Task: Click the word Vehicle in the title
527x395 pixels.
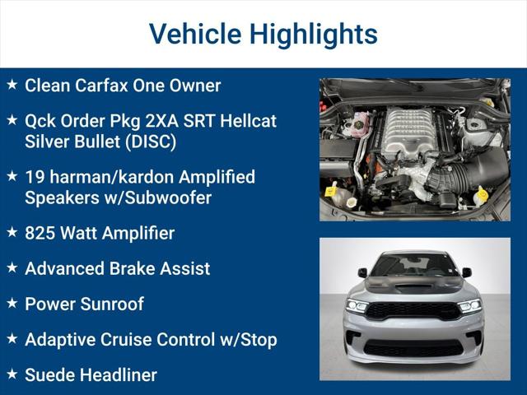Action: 195,34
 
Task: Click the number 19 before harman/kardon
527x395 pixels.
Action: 35,177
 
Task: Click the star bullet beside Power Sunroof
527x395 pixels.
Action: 12,303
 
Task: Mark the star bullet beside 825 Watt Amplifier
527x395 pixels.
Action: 12,232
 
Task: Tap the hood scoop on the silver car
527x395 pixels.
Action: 412,288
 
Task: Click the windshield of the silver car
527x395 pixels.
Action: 413,264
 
